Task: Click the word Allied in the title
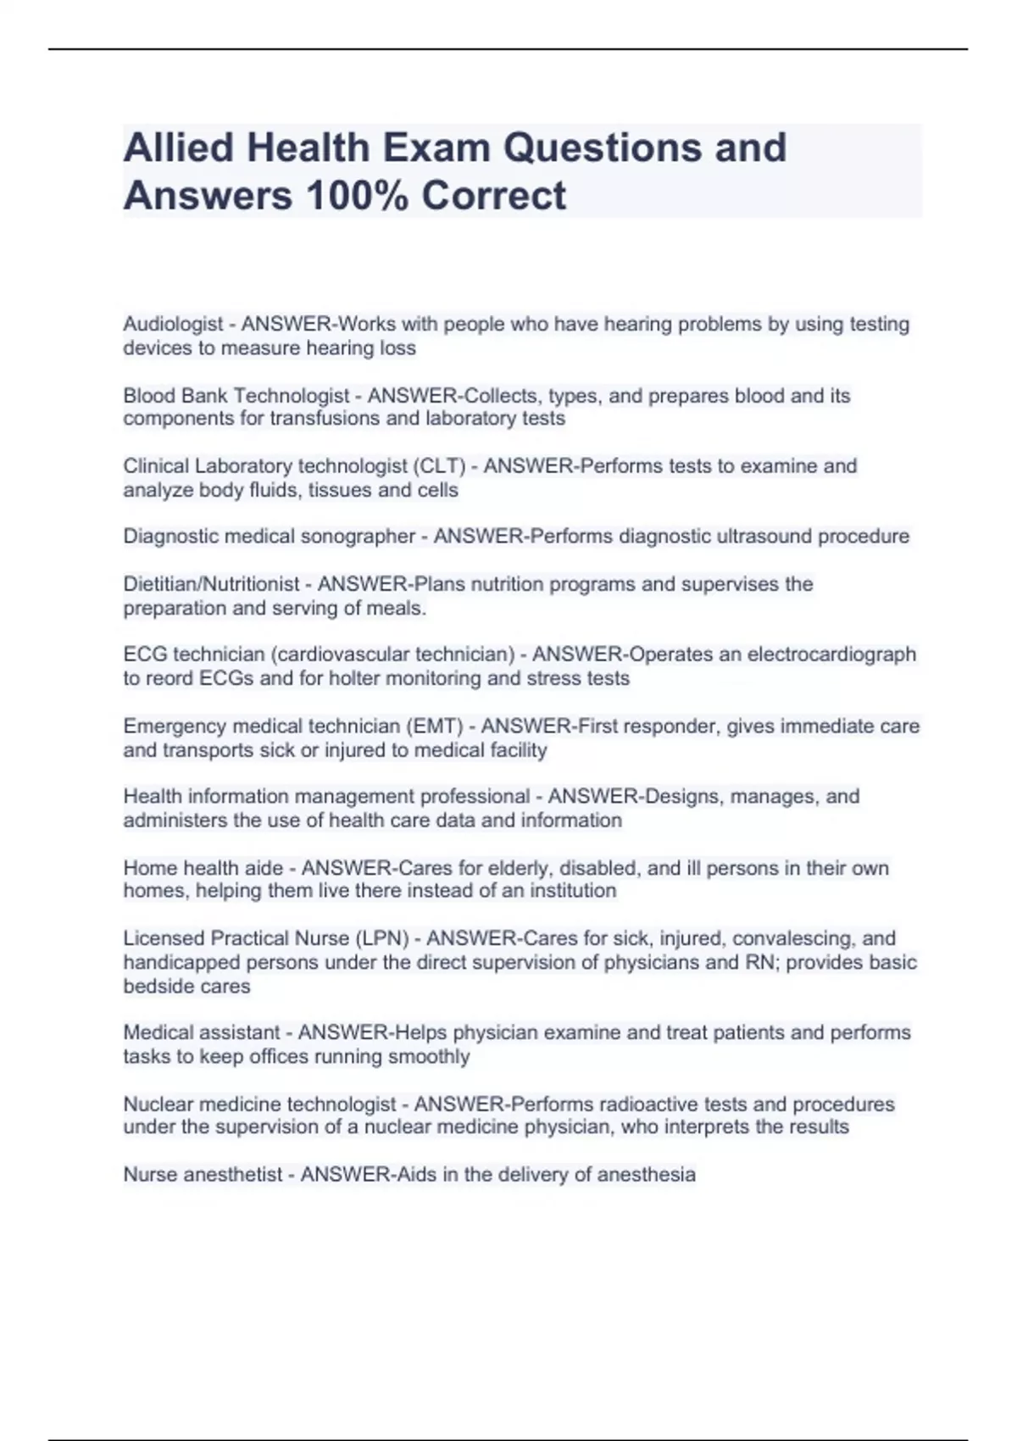coord(178,147)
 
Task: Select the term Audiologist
coord(173,324)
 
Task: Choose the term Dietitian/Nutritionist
coord(211,584)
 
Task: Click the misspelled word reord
coord(171,678)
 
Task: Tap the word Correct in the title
coord(493,196)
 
